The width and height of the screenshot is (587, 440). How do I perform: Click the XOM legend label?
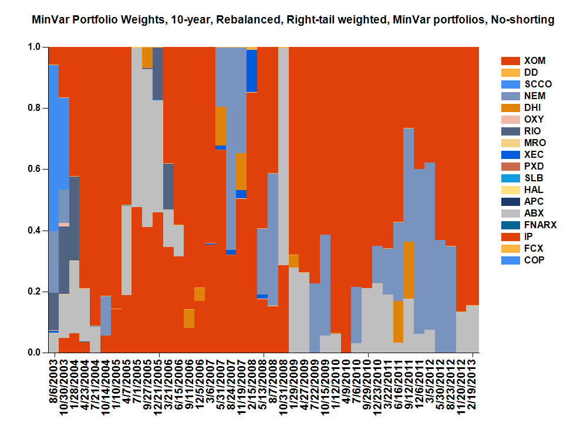(534, 60)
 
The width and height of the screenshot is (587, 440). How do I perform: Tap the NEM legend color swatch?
(510, 96)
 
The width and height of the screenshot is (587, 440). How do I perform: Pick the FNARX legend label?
(540, 225)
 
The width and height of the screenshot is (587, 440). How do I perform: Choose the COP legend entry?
(534, 260)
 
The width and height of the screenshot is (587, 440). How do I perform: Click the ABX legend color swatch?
(510, 213)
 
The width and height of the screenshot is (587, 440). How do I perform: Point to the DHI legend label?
(532, 107)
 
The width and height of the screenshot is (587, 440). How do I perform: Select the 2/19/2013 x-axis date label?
(472, 384)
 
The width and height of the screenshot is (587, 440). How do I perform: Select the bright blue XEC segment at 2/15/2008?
(252, 71)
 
